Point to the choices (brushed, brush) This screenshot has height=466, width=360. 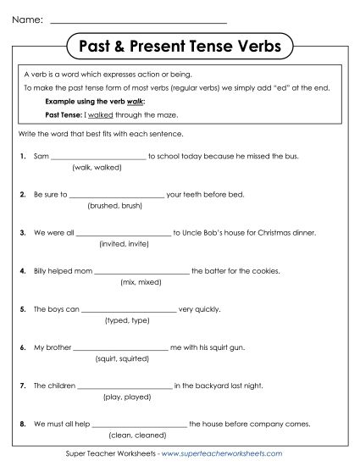click(x=114, y=205)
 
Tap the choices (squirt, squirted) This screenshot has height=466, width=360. click(x=119, y=359)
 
